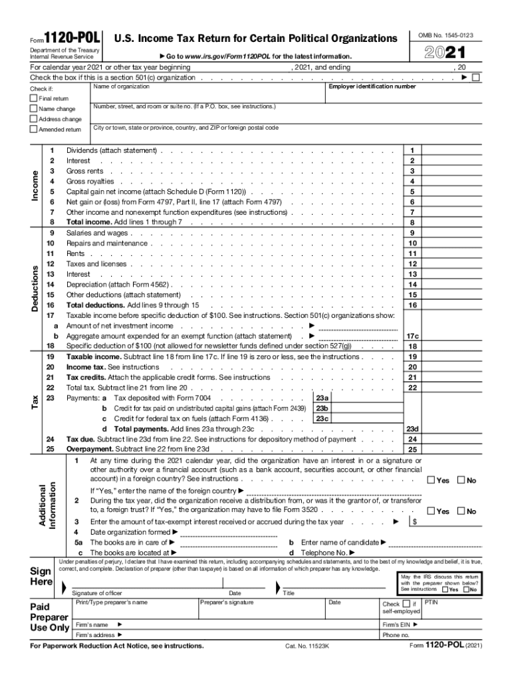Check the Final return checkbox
[x=34, y=98]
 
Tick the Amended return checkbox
[x=34, y=130]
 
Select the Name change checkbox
[x=34, y=109]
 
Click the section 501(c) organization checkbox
[x=475, y=78]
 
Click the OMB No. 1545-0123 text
[x=450, y=35]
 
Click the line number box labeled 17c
[x=412, y=337]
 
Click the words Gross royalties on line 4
[x=90, y=182]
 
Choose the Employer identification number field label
[x=372, y=86]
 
